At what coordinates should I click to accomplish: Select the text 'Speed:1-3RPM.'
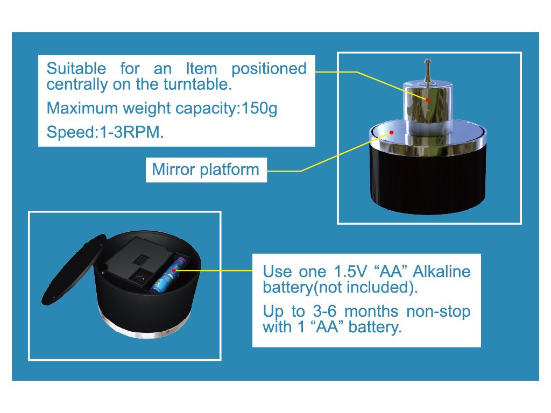pyautogui.click(x=105, y=133)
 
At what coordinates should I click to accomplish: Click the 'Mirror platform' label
pyautogui.click(x=206, y=170)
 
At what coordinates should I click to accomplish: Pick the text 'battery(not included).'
pyautogui.click(x=340, y=287)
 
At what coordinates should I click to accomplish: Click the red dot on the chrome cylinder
pyautogui.click(x=427, y=99)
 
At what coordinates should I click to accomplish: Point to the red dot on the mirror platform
pyautogui.click(x=392, y=131)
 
